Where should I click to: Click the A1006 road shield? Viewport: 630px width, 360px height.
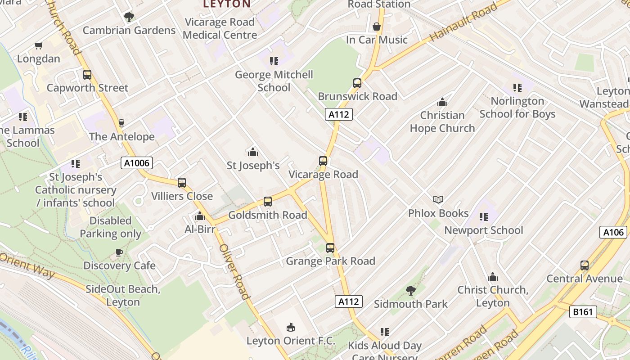[137, 163]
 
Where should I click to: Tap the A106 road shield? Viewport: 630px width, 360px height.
[614, 232]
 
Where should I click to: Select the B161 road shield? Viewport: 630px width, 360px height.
[583, 311]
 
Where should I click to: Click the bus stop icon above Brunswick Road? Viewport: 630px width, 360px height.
[357, 83]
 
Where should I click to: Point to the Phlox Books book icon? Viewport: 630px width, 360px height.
[438, 199]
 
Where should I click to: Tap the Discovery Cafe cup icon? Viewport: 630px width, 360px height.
[119, 252]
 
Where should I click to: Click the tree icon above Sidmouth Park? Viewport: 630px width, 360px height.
[410, 291]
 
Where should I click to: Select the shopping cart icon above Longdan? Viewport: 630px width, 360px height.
[38, 46]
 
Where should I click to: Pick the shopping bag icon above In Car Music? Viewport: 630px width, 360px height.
[377, 27]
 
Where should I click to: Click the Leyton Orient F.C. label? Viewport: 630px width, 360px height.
[291, 341]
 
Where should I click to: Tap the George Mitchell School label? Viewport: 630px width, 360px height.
[274, 81]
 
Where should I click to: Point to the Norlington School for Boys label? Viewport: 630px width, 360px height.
[517, 108]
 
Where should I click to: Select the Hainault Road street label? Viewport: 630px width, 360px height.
[463, 22]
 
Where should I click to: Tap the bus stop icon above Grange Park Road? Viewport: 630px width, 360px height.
[330, 248]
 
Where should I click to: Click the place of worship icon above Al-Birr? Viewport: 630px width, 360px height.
[200, 216]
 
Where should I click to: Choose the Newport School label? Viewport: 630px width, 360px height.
[484, 230]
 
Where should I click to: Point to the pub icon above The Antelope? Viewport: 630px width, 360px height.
[121, 123]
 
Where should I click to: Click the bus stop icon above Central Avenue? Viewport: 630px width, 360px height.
[585, 265]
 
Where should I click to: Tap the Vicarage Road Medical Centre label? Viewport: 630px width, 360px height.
[220, 28]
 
